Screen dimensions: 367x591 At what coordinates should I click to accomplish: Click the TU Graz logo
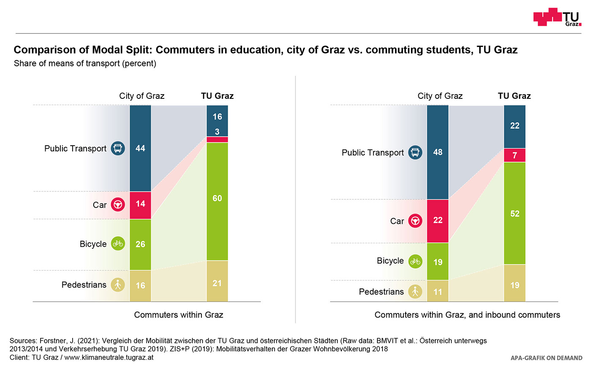pos(557,17)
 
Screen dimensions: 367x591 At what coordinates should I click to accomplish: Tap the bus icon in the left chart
pos(118,148)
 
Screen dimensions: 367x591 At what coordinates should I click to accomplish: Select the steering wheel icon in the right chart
pos(415,221)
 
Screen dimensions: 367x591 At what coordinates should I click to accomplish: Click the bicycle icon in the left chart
pos(118,244)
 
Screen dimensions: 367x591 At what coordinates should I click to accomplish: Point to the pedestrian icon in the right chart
pos(415,291)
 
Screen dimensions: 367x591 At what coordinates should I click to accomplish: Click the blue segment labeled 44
pos(140,148)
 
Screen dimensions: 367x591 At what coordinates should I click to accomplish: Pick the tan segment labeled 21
pos(217,281)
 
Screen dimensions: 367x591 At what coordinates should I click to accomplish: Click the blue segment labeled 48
pos(438,152)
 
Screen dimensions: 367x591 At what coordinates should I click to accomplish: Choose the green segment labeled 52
pos(515,213)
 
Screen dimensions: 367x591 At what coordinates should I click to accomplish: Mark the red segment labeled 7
pos(515,155)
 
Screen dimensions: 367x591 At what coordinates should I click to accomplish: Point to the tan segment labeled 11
pos(438,291)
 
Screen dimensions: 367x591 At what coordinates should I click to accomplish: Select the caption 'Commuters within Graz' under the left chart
pos(179,315)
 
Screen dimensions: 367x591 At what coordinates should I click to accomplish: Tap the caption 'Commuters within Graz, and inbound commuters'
pos(467,315)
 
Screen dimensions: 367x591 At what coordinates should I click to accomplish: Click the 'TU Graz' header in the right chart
pos(514,96)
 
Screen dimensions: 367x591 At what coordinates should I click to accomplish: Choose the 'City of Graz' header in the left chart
pos(142,96)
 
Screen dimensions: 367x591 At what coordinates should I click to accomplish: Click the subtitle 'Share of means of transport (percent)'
pos(85,63)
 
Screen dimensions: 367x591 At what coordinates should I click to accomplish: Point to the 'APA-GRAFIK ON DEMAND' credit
pos(546,358)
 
